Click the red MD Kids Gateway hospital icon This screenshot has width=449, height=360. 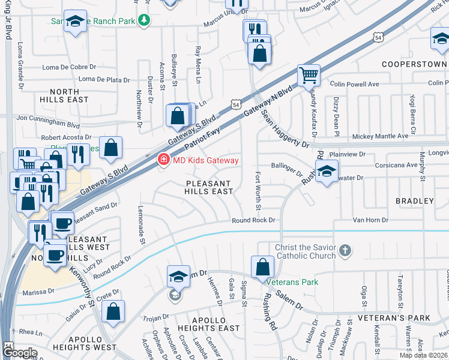163,160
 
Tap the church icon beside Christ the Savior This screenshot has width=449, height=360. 345,250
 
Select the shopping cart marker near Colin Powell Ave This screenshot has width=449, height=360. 309,76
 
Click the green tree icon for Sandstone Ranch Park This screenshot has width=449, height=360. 143,21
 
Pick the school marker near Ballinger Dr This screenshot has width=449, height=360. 326,172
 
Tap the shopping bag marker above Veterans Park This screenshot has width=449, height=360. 263,266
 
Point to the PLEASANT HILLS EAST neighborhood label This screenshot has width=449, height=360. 209,187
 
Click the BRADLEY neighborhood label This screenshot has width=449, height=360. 414,200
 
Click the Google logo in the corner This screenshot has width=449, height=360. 20,352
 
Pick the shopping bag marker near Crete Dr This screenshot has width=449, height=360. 112,310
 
